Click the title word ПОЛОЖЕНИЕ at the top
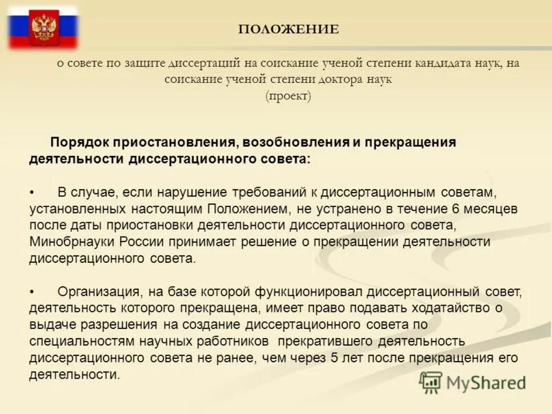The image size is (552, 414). point(288,29)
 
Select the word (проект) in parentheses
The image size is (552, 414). point(288,96)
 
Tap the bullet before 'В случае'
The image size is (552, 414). point(32,190)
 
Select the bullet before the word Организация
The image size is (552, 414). point(32,291)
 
